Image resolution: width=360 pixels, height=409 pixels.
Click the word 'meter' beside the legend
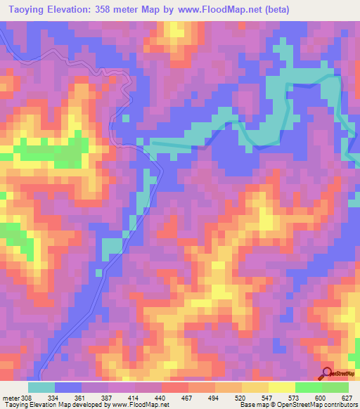(x=11, y=397)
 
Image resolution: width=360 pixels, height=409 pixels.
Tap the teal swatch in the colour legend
(x=41, y=387)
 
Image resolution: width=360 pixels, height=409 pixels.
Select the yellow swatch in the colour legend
(x=281, y=387)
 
